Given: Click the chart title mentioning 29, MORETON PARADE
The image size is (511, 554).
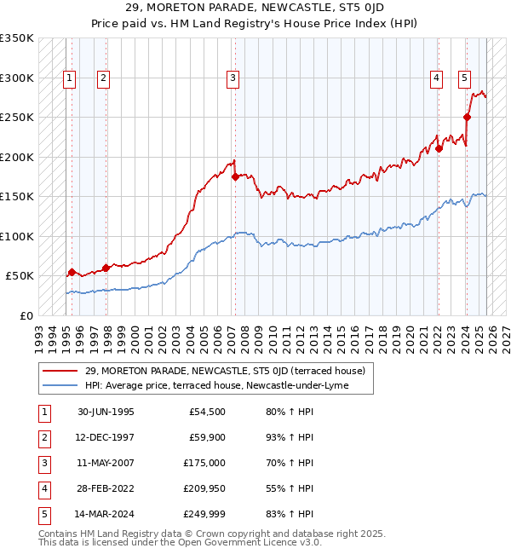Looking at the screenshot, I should click(x=255, y=8).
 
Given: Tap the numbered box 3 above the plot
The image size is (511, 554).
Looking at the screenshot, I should click(x=233, y=78).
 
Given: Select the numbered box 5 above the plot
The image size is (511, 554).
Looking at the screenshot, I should click(x=464, y=78).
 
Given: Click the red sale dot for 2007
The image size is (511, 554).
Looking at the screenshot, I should click(x=234, y=176).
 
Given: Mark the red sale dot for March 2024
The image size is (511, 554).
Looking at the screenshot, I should click(x=468, y=118).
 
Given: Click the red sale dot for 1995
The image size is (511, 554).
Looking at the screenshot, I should click(x=72, y=272).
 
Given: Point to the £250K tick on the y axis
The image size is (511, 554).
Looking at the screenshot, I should click(x=17, y=118).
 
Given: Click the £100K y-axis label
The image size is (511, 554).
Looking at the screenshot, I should click(x=17, y=236).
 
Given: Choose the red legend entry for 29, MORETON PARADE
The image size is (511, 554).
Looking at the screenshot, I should click(x=225, y=371).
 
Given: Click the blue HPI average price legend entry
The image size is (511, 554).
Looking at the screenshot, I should click(x=228, y=385).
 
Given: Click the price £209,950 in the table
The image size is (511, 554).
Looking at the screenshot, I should click(x=204, y=489).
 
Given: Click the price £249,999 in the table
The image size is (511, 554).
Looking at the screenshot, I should click(x=204, y=515).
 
